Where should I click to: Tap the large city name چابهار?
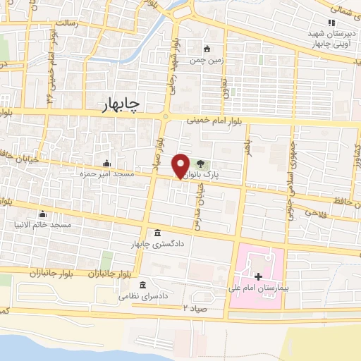(116, 104)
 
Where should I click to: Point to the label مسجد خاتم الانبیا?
(44, 225)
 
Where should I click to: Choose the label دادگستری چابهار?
(157, 243)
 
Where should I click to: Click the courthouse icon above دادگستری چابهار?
(157, 233)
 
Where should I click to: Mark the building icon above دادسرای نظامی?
(143, 286)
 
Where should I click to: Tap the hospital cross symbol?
(258, 276)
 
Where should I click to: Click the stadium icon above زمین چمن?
(207, 49)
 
